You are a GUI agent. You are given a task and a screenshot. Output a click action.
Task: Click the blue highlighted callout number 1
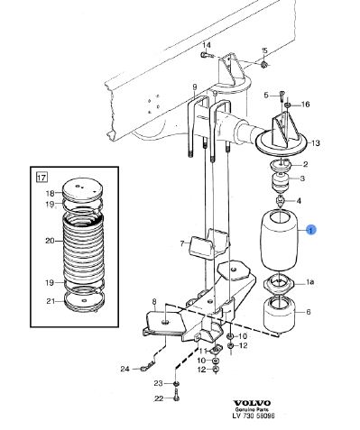click(311, 230)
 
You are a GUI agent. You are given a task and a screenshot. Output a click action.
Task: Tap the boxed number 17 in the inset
click(42, 177)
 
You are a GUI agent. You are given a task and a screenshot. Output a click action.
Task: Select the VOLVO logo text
click(252, 403)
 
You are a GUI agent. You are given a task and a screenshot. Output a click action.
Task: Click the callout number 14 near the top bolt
click(207, 45)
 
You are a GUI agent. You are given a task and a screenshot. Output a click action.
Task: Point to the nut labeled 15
click(264, 64)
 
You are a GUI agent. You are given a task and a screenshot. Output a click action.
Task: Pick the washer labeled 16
click(287, 105)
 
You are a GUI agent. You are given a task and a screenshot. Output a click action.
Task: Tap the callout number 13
click(316, 143)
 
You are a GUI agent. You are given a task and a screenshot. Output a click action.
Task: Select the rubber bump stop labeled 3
click(281, 182)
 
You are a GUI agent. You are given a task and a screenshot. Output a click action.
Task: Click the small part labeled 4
click(280, 200)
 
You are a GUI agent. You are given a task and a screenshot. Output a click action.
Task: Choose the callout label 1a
click(310, 282)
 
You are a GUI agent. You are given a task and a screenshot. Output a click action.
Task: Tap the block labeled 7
click(208, 243)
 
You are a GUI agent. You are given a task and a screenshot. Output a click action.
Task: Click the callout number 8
click(154, 301)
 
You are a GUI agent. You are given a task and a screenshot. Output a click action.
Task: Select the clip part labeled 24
click(147, 366)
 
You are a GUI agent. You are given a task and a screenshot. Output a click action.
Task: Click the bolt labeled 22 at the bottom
click(176, 395)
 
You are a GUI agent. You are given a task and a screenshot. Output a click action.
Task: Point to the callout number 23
click(158, 383)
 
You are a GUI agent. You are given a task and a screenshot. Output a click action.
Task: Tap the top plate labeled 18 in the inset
click(82, 189)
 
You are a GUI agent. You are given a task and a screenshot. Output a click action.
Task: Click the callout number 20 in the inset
click(50, 241)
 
